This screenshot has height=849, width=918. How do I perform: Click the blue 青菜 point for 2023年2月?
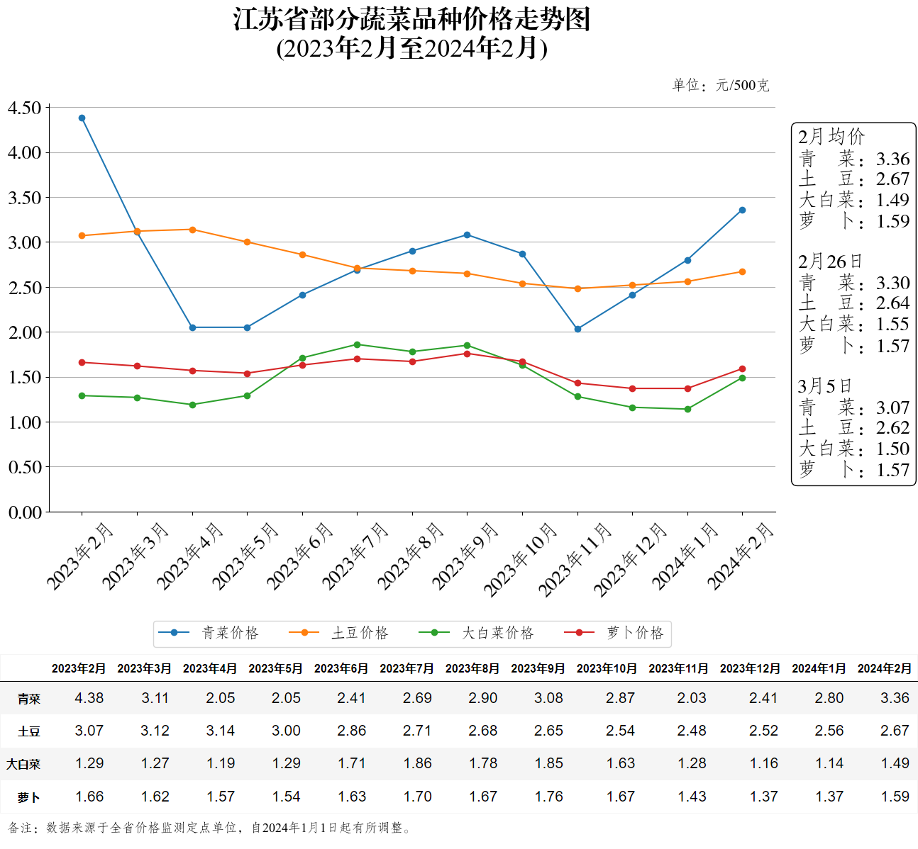[x=82, y=118]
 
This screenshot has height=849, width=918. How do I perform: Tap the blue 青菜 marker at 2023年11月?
[x=577, y=329]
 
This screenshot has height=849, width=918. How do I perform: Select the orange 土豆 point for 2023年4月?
[x=192, y=230]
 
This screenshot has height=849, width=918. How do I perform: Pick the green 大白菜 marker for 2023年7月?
[x=357, y=344]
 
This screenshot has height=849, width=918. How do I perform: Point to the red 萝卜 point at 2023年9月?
[x=467, y=354]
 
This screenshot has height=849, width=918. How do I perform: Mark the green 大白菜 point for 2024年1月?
[x=687, y=409]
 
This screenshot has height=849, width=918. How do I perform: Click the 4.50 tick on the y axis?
[x=25, y=108]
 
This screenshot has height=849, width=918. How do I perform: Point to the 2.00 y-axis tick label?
[x=25, y=332]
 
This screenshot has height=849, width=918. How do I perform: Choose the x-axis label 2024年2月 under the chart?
[x=741, y=556]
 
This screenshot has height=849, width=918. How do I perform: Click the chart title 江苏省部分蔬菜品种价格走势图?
[x=411, y=20]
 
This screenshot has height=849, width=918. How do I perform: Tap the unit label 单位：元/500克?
[x=720, y=86]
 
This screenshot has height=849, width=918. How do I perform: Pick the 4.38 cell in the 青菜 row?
[x=89, y=698]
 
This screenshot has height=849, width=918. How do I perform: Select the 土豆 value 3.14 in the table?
[x=221, y=731]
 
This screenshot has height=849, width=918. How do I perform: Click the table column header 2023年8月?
[x=472, y=668]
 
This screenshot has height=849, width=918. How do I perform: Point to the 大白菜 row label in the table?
[x=23, y=764]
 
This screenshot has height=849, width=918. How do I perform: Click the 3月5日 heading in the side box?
[x=824, y=386]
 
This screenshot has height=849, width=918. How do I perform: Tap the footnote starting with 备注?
[x=210, y=828]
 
